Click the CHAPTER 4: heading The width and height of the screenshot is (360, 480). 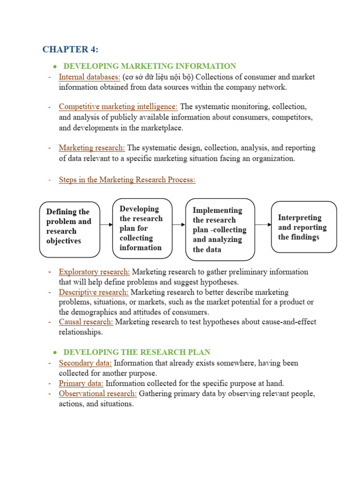[70, 49]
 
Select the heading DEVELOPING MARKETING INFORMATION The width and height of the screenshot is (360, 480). [150, 66]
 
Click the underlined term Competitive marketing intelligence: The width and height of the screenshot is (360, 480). [118, 106]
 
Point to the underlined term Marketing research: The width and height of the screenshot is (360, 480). [92, 148]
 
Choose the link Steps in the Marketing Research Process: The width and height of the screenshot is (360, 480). [127, 180]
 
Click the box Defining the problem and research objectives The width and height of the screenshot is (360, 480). [70, 229]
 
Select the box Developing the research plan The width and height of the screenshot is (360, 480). [142, 228]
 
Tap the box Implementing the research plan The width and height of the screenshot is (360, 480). [220, 229]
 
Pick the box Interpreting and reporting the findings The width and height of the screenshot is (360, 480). [304, 227]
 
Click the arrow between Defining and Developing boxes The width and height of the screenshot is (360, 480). [106, 225]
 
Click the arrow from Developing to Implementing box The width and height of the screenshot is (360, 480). [179, 225]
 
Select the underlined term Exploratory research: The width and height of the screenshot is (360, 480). [94, 272]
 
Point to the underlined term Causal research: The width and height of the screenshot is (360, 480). [86, 322]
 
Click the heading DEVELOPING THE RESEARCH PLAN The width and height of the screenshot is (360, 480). [137, 352]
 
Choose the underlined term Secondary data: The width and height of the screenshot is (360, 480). [85, 363]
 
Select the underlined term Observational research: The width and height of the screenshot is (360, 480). [97, 394]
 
